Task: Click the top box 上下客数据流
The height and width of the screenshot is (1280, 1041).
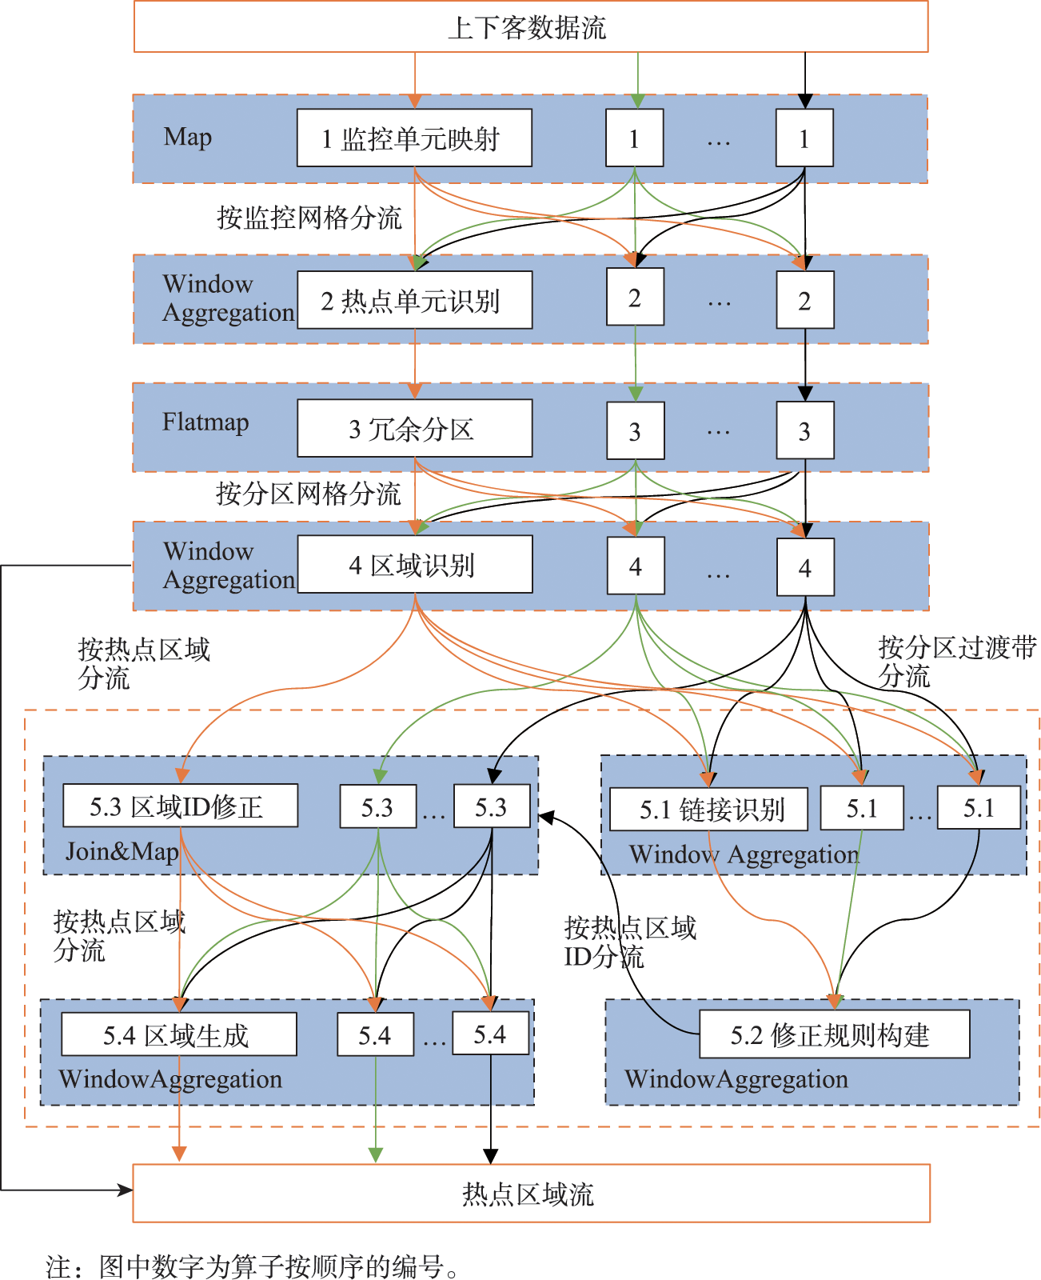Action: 530,27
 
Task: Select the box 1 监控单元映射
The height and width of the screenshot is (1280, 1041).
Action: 414,138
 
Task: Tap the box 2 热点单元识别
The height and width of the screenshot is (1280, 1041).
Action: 414,300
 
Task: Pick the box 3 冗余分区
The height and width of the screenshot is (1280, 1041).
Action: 414,429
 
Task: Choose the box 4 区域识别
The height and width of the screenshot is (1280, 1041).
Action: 414,565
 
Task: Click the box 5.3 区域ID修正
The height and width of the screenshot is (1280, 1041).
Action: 180,806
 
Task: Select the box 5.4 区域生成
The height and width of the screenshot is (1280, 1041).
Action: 178,1034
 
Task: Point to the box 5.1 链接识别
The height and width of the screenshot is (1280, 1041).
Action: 708,809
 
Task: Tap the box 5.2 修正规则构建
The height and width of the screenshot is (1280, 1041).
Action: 834,1034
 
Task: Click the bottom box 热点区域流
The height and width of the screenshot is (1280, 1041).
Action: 530,1194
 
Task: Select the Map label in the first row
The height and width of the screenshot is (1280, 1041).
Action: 188,137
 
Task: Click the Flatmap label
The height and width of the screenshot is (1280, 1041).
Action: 205,422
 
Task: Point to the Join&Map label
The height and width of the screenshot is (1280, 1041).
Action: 122,851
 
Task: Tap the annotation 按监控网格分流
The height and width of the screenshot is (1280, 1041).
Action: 309,217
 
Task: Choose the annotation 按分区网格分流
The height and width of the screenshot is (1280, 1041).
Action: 308,493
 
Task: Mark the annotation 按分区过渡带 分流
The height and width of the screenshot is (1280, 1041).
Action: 956,661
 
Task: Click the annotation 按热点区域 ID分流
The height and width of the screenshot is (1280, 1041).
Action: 629,942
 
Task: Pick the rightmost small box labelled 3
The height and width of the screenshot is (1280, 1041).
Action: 805,431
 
